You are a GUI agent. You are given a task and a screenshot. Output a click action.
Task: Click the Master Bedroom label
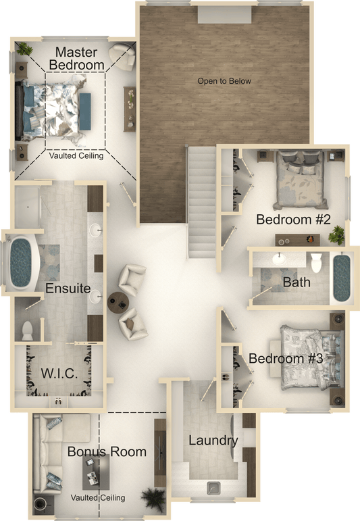click(x=77, y=59)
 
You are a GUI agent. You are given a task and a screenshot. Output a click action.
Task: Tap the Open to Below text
click(x=224, y=81)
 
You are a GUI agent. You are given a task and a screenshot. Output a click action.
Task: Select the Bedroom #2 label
click(x=294, y=220)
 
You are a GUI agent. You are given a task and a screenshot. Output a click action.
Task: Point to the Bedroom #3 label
click(x=286, y=359)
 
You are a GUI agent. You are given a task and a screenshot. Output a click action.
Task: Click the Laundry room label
click(x=213, y=441)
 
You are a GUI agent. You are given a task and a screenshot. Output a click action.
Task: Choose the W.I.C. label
click(x=59, y=374)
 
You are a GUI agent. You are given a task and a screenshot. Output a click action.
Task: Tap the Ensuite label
click(x=68, y=288)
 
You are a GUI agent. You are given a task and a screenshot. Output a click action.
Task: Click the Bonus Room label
click(x=107, y=451)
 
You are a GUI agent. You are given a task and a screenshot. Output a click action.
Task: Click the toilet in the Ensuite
click(x=27, y=331)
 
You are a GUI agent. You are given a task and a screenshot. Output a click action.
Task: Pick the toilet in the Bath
click(x=317, y=262)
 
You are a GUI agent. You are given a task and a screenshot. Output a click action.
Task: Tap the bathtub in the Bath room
click(x=342, y=278)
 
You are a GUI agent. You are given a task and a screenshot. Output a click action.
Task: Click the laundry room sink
click(x=213, y=488)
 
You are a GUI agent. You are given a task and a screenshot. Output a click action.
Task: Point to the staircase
click(x=202, y=202)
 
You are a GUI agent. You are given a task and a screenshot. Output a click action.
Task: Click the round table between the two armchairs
click(x=118, y=301)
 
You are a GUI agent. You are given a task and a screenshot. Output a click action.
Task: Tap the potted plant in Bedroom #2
click(x=336, y=234)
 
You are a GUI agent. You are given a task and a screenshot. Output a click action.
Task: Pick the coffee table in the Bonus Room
click(x=96, y=472)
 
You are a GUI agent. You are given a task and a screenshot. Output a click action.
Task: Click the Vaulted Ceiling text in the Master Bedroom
click(x=76, y=156)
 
